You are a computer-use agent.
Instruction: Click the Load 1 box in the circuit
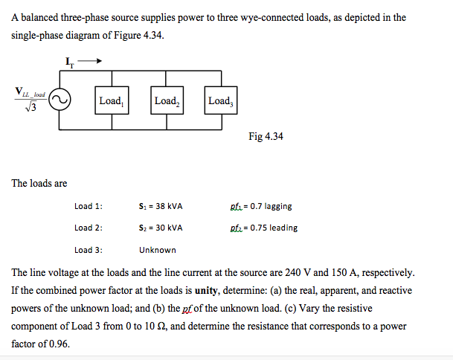(x=111, y=100)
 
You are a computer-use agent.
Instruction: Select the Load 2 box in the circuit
(x=166, y=100)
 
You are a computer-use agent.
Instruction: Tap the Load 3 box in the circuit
(x=221, y=100)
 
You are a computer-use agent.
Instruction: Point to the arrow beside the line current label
(x=89, y=62)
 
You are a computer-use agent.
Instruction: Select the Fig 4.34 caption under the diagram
(x=267, y=137)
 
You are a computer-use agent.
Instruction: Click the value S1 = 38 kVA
(x=161, y=206)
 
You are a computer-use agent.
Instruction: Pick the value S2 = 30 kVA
(x=161, y=228)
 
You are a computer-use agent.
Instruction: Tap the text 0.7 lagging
(x=271, y=206)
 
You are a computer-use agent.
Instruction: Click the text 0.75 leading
(x=273, y=228)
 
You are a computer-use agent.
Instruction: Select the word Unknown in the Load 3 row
(x=158, y=250)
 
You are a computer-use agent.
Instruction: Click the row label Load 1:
(x=89, y=206)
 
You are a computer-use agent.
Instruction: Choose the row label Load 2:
(x=89, y=228)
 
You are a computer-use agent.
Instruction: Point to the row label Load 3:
(x=89, y=250)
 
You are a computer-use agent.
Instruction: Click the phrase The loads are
(x=39, y=183)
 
